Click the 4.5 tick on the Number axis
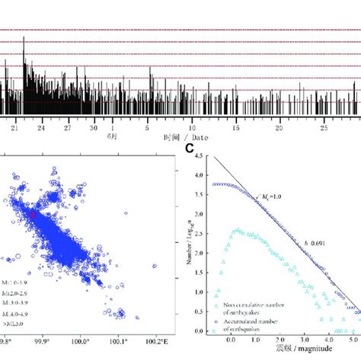200,156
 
